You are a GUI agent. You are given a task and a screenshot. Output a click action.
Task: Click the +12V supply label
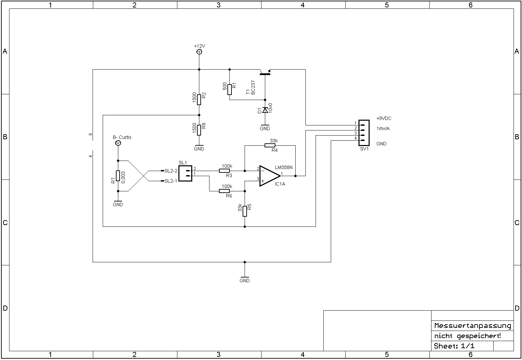pyautogui.click(x=199, y=46)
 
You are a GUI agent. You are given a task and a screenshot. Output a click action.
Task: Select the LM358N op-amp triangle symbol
pyautogui.click(x=269, y=176)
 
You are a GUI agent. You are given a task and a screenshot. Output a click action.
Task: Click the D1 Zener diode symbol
pyautogui.click(x=265, y=110)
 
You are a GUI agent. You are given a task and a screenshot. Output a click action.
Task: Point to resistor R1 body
pyautogui.click(x=229, y=90)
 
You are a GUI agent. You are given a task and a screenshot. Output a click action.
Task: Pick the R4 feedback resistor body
pyautogui.click(x=270, y=145)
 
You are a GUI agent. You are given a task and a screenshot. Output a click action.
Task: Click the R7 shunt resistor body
pyautogui.click(x=118, y=176)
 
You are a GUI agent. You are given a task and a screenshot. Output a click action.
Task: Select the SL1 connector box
pyautogui.click(x=185, y=173)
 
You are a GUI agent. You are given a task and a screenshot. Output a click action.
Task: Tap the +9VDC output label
pyautogui.click(x=384, y=119)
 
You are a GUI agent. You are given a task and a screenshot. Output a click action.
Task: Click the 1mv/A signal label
pyautogui.click(x=383, y=128)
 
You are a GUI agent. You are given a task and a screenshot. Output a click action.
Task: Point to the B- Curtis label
pyautogui.click(x=122, y=137)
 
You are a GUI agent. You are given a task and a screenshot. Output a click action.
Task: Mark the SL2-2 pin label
pyautogui.click(x=171, y=171)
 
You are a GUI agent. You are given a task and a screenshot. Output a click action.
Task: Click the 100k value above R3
pyautogui.click(x=227, y=166)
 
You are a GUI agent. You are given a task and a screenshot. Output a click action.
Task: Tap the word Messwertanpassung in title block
pyautogui.click(x=472, y=326)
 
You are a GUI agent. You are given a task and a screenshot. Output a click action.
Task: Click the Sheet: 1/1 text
pyautogui.click(x=454, y=346)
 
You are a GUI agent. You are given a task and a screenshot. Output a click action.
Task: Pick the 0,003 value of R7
pyautogui.click(x=123, y=177)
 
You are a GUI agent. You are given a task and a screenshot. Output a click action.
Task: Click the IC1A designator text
pyautogui.click(x=280, y=184)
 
